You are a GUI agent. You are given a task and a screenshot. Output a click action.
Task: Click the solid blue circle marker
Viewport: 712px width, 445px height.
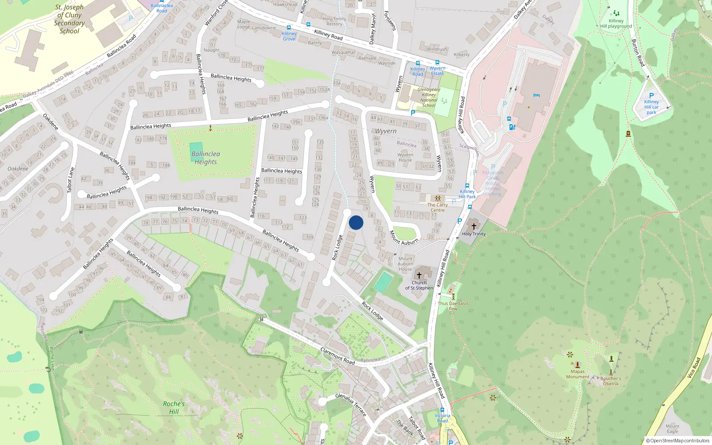[x=356, y=222]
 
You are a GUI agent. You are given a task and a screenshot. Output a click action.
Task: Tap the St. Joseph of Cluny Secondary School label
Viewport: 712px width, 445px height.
[x=69, y=19]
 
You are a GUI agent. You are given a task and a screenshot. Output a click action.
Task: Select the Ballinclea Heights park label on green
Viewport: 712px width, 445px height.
[x=206, y=158]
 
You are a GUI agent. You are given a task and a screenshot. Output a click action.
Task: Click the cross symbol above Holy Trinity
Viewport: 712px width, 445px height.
[x=474, y=227]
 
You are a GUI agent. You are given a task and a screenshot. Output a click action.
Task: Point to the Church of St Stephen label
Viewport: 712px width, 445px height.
[x=419, y=285]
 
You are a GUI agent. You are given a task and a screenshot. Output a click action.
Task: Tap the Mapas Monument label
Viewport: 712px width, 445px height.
[x=578, y=374]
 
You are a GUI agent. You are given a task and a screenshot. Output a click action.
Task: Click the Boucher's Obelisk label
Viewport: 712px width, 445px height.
[x=611, y=381]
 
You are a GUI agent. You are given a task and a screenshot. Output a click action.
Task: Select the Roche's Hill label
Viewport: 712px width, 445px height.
[x=174, y=408]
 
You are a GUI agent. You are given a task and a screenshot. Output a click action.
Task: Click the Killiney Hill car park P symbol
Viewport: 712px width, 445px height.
[x=651, y=95]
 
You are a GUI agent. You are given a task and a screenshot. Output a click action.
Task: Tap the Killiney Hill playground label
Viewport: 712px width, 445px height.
[x=616, y=24]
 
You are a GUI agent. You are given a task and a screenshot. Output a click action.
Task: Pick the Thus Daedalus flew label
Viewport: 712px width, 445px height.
[x=453, y=306]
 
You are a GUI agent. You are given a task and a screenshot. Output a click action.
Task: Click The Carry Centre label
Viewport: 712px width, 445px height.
[x=437, y=207]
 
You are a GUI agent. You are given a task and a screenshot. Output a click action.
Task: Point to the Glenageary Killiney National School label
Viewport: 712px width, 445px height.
[x=429, y=97]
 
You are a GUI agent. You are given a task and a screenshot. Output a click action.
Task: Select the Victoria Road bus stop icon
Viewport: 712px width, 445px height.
[x=442, y=410]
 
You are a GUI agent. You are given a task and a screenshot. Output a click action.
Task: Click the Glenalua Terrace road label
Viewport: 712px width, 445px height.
[x=351, y=404]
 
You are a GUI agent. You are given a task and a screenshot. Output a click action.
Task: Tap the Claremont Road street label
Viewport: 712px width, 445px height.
[x=337, y=356]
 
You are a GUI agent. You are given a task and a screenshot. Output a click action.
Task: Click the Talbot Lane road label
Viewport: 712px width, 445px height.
[x=70, y=180]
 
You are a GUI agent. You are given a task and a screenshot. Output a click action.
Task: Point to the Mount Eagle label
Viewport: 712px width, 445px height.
[x=672, y=429]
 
